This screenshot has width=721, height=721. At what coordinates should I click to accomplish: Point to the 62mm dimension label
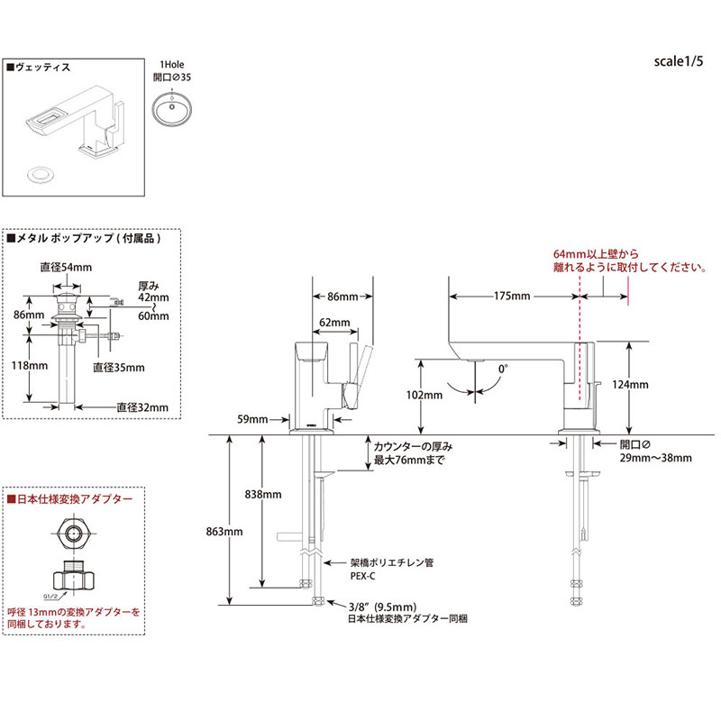(334, 323)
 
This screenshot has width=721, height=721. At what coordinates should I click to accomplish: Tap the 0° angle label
(503, 368)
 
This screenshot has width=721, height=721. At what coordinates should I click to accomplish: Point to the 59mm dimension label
(253, 419)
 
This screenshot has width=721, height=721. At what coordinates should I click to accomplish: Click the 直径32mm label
(142, 407)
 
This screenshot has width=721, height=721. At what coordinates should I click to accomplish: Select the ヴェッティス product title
(44, 67)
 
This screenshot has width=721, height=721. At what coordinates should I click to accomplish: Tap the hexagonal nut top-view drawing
(73, 534)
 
